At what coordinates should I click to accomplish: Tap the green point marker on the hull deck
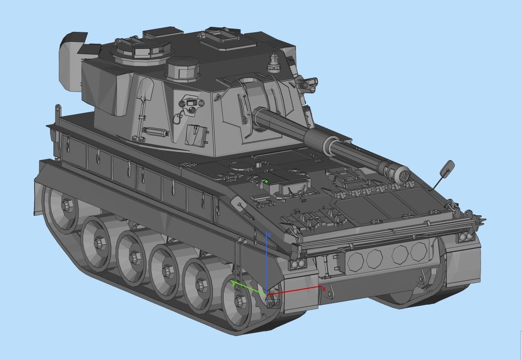click(266, 182)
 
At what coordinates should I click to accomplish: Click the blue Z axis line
click(266, 259)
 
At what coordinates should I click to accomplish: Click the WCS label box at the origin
click(273, 304)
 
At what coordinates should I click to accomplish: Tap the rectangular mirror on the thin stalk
click(446, 168)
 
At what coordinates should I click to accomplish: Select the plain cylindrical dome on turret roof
click(183, 69)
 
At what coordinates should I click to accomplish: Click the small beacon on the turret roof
click(273, 61)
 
